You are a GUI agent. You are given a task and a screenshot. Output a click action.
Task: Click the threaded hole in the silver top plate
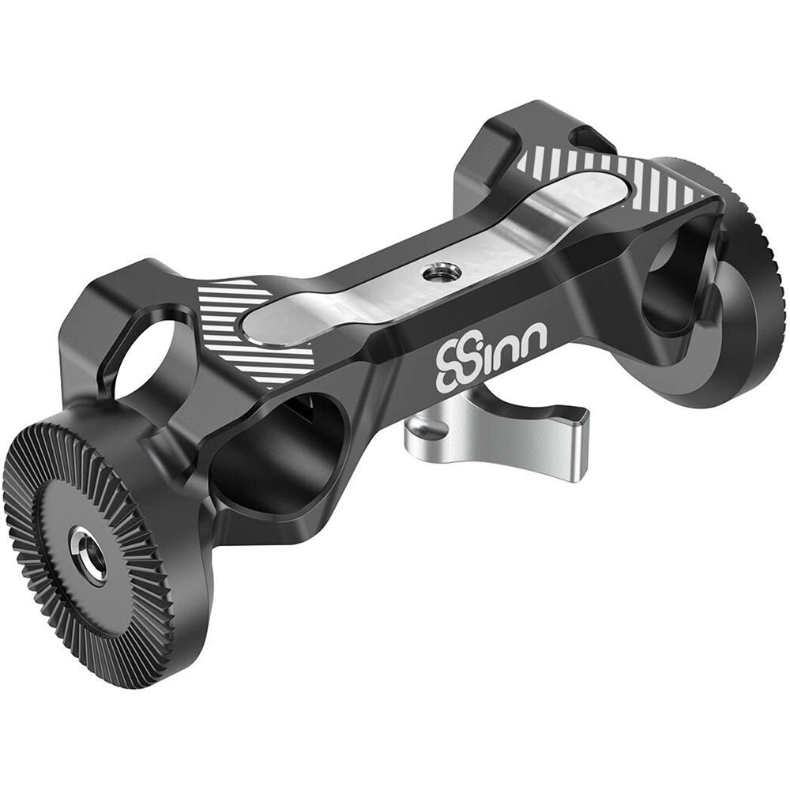pos(431,275)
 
